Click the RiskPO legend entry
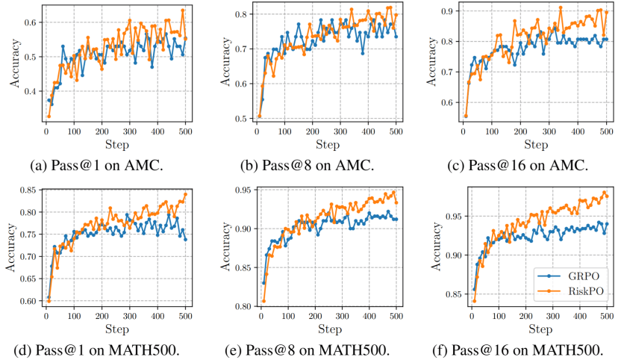coord(575,291)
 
